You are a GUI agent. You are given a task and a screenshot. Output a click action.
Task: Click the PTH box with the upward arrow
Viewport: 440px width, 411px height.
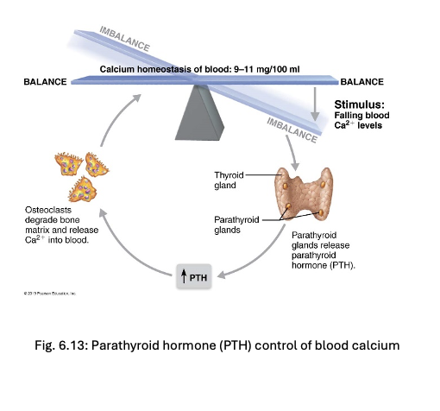[194, 276]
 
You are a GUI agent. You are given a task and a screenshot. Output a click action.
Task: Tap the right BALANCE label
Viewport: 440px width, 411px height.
[362, 81]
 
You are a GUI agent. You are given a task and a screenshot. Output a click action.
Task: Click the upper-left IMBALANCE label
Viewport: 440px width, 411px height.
[124, 39]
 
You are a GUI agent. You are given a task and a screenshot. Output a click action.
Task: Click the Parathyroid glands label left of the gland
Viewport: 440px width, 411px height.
[232, 224]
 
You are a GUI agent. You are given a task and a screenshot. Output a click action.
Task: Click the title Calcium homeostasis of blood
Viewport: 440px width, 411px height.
[163, 69]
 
